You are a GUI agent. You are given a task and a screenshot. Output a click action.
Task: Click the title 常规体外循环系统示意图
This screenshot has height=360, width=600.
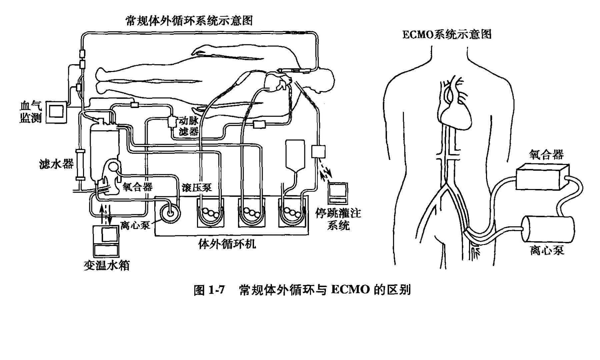click(189, 21)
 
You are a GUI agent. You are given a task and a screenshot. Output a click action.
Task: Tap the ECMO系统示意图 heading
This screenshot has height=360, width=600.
click(447, 34)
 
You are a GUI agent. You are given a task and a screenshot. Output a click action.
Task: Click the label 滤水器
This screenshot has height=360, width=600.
click(56, 164)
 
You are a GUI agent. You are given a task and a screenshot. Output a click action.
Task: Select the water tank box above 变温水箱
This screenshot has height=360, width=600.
click(106, 240)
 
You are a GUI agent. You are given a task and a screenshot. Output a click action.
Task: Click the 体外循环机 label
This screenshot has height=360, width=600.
click(227, 244)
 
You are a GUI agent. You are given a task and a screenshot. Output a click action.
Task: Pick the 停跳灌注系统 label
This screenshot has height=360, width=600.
click(338, 219)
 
